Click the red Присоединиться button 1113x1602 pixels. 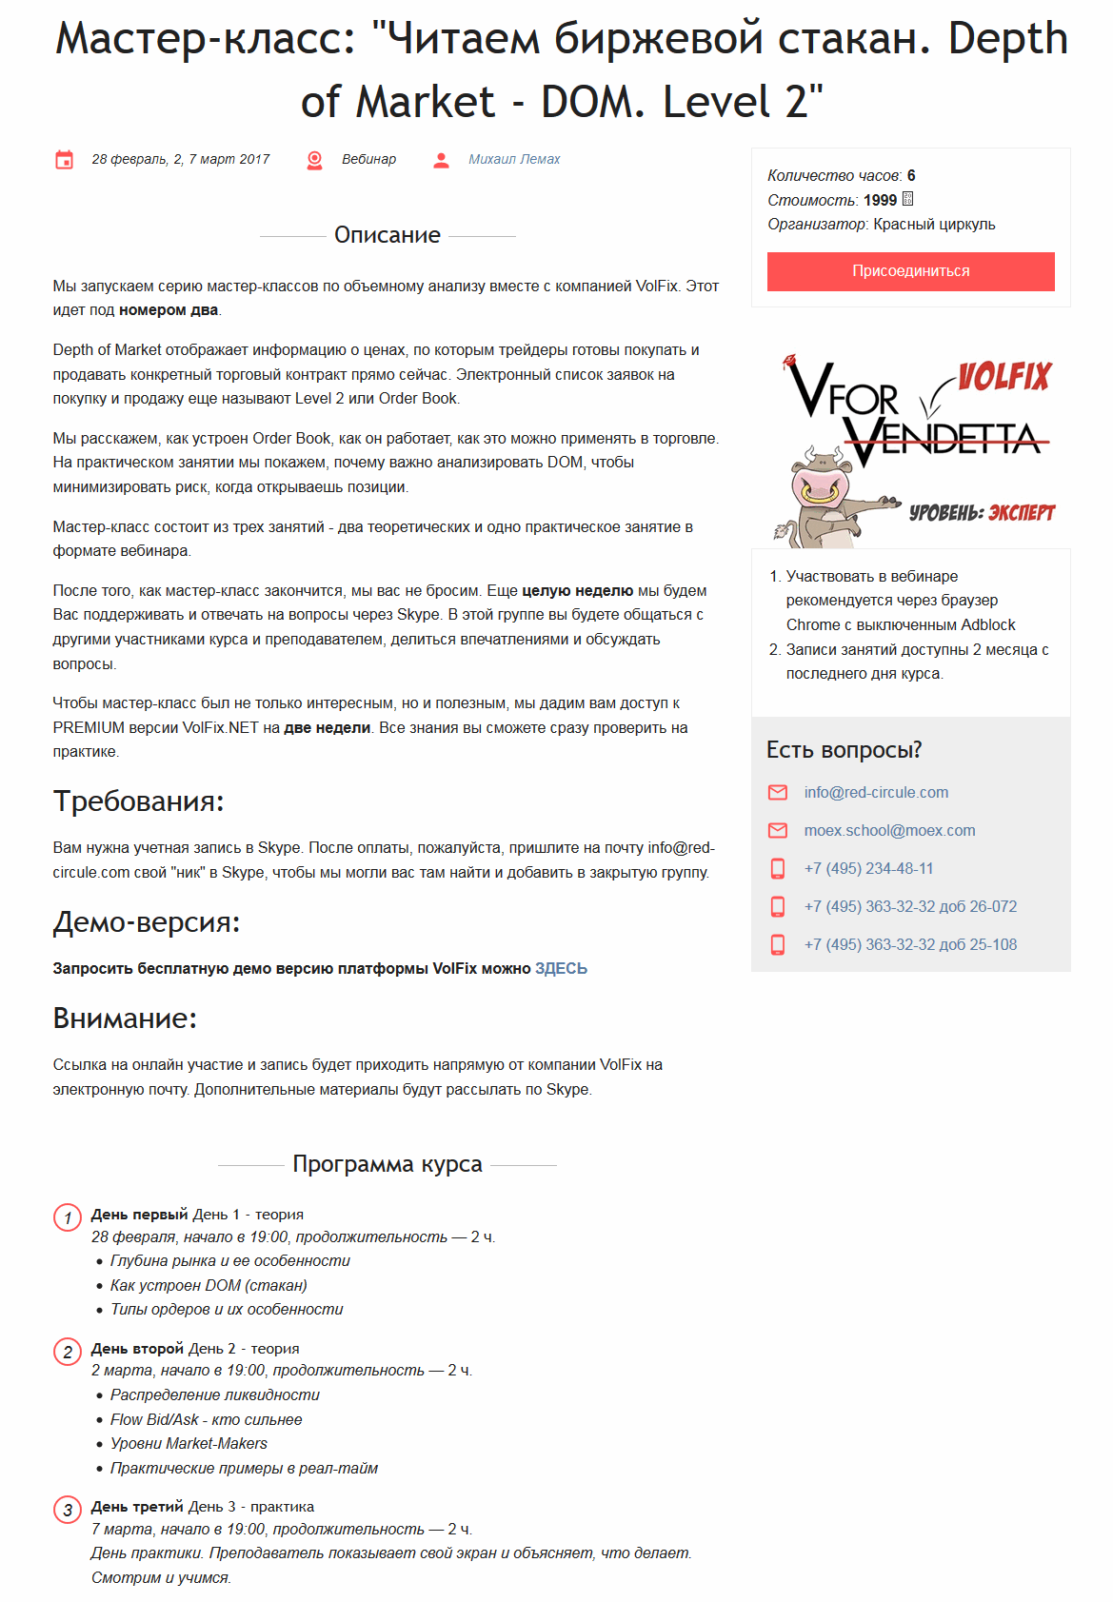910,271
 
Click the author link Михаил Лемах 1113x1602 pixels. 514,160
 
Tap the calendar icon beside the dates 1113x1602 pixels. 65,160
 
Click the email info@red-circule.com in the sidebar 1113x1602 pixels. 876,792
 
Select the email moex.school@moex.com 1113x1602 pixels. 889,830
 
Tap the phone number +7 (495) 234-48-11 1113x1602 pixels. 868,868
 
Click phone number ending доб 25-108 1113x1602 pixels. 910,944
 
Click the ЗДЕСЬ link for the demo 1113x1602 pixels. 561,968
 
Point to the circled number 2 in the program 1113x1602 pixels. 68,1352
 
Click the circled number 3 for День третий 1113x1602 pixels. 68,1510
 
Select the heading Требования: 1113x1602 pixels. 138,801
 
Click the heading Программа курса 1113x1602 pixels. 387,1164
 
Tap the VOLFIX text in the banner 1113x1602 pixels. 1004,377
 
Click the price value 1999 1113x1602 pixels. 880,200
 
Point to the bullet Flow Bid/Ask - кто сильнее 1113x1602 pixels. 206,1419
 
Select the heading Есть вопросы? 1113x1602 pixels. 844,750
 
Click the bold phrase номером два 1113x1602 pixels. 169,310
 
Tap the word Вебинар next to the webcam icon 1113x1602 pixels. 368,160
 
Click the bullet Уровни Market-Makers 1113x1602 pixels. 189,1444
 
